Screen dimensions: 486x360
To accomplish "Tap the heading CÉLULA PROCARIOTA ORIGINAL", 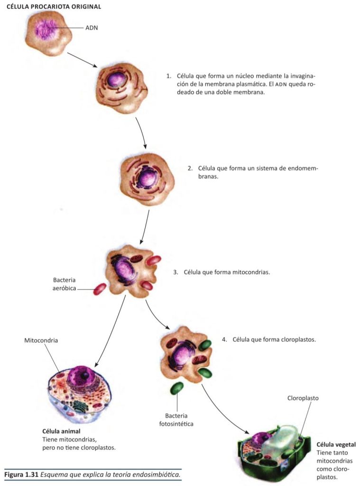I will coord(54,7).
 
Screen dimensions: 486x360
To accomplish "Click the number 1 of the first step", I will coord(168,76).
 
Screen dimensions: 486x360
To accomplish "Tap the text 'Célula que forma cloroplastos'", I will coord(274,340).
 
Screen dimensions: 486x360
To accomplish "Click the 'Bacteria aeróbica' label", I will coord(64,284).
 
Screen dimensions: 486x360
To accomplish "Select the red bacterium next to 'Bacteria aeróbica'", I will coord(100,289).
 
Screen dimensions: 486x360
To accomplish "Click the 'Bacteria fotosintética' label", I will coord(176,419).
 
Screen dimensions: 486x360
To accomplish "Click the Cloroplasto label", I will coord(303,398).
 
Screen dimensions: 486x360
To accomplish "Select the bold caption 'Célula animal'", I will coord(61,431).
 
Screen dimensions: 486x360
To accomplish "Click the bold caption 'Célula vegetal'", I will coord(336,445).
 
